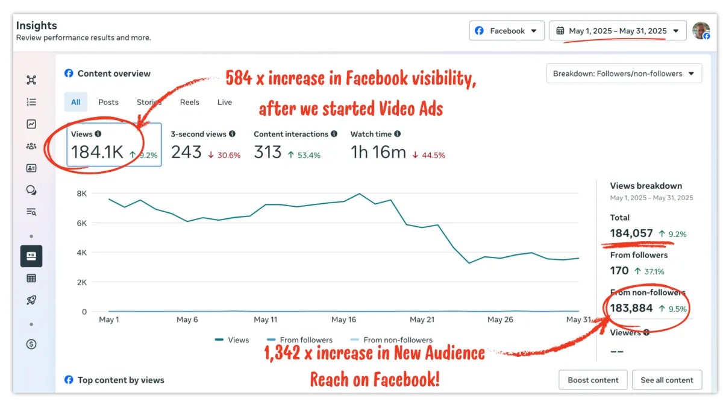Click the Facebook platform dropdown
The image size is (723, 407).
tap(506, 31)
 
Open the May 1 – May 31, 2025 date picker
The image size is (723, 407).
tap(618, 31)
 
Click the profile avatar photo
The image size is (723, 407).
tap(701, 31)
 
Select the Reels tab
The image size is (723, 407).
tap(189, 102)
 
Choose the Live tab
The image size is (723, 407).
tap(225, 102)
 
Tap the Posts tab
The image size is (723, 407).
tap(108, 102)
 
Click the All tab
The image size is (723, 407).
tap(76, 102)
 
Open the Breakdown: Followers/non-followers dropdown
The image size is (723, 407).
tap(624, 74)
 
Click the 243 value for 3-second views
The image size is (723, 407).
tap(186, 153)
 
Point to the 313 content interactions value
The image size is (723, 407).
tap(268, 153)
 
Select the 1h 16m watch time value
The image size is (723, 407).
tap(378, 153)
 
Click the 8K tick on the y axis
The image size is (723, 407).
tap(81, 194)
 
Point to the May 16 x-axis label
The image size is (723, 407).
tap(343, 320)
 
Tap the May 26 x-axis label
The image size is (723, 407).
tap(499, 320)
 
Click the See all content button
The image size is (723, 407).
tap(666, 380)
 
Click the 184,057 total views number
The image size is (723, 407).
tap(631, 233)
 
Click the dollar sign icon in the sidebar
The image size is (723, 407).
tap(31, 344)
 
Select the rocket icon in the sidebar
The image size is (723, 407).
tap(31, 300)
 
